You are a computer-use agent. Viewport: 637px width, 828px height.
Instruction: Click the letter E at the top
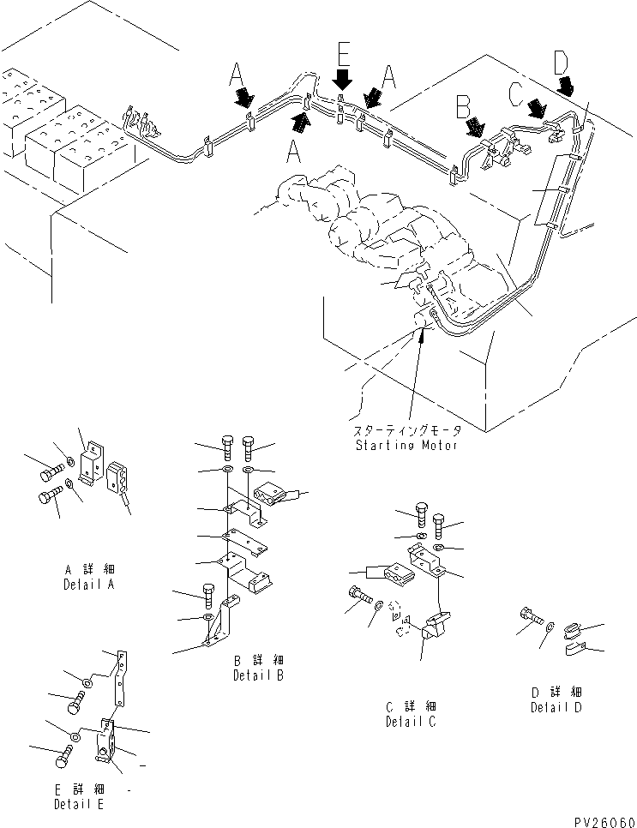[342, 55]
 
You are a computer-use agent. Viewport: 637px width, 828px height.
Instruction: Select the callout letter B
[463, 106]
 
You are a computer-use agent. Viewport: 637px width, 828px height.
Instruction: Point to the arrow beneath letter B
[474, 129]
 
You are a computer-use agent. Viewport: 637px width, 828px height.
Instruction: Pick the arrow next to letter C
[538, 109]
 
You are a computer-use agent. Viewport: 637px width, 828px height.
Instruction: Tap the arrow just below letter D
[567, 85]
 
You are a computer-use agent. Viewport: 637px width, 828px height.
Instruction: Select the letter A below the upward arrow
[294, 151]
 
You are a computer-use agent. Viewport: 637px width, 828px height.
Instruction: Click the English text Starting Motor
[407, 445]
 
